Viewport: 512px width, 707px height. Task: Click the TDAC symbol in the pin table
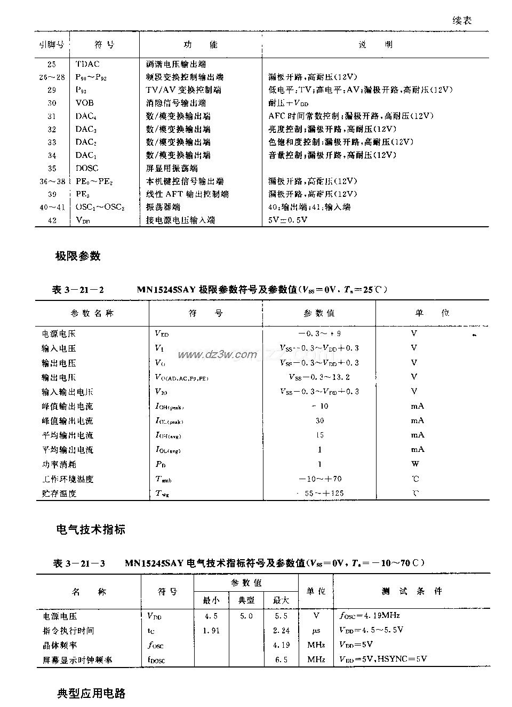(87, 64)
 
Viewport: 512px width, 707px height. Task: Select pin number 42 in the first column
(52, 220)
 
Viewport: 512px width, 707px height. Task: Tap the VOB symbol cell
(85, 103)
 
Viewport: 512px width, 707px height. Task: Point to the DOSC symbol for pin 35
(87, 168)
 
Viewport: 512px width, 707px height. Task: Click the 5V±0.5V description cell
(288, 220)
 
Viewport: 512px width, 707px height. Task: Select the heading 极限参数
(78, 256)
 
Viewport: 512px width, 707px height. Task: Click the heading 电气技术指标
(91, 530)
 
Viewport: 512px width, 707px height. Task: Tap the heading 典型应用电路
(91, 694)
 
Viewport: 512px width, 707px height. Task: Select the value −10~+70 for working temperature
(320, 479)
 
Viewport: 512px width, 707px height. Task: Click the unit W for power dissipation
(415, 464)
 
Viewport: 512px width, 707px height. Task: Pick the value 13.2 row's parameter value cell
(319, 377)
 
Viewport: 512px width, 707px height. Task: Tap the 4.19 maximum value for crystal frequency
(281, 645)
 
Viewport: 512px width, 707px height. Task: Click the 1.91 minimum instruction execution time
(211, 631)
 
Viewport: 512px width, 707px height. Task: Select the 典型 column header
(246, 600)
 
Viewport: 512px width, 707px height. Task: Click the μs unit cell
(316, 631)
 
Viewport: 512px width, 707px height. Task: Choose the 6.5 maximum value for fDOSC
(281, 660)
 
